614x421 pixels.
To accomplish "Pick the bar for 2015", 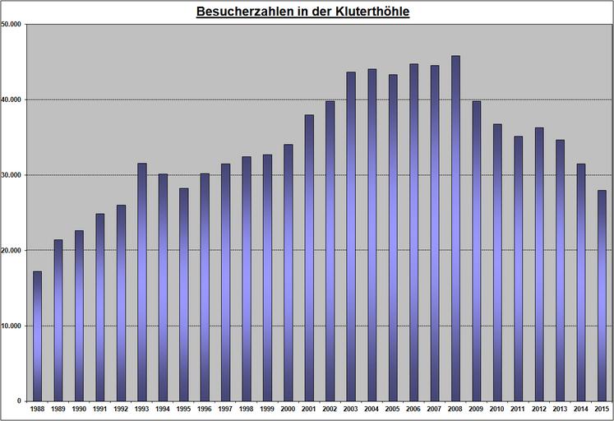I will pyautogui.click(x=602, y=295).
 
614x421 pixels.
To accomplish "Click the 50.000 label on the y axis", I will pyautogui.click(x=12, y=24).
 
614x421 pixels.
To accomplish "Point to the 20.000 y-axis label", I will pyautogui.click(x=12, y=250).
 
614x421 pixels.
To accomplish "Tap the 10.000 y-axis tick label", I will pyautogui.click(x=12, y=326).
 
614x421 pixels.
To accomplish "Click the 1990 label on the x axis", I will pyautogui.click(x=79, y=409).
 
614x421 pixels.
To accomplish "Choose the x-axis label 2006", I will pyautogui.click(x=413, y=409).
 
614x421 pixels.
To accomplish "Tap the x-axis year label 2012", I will pyautogui.click(x=539, y=409).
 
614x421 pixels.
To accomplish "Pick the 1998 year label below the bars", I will pyautogui.click(x=246, y=409).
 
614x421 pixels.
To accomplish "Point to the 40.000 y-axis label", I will pyautogui.click(x=12, y=99).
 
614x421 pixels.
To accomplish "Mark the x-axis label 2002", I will pyautogui.click(x=330, y=409).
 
